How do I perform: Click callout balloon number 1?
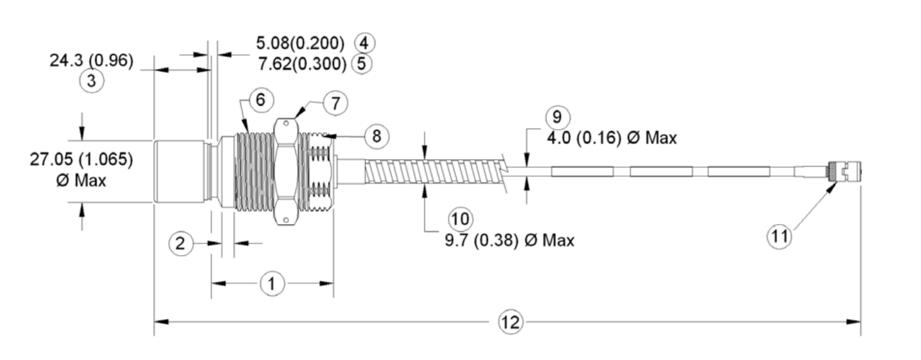[273, 284]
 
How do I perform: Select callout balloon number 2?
[181, 242]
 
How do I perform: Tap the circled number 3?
[92, 81]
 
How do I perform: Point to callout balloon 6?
[260, 100]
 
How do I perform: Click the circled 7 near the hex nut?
[335, 104]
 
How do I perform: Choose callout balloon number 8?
[377, 137]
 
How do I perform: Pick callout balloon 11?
[779, 237]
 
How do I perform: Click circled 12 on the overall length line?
[510, 322]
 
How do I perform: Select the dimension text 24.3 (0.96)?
[92, 61]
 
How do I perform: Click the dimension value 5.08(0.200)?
[300, 42]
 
